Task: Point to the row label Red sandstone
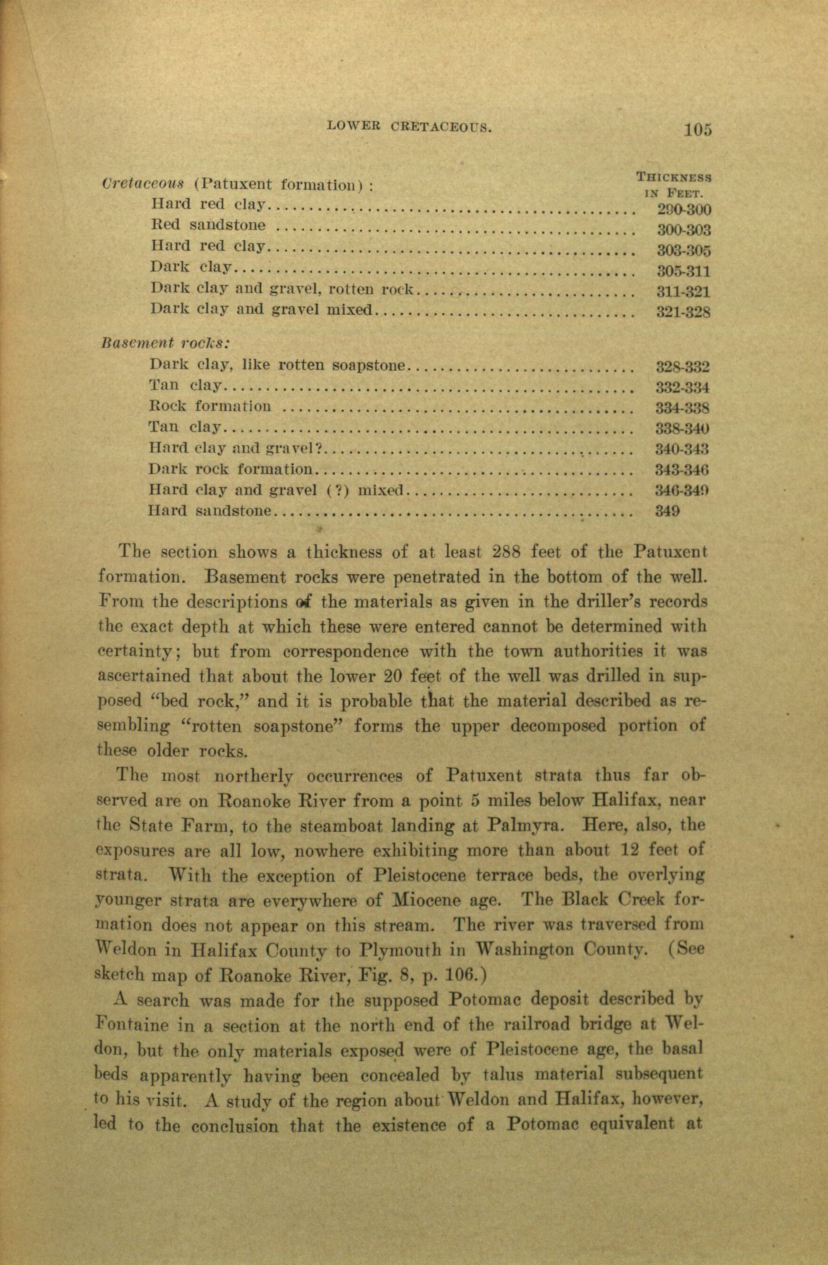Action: click(208, 225)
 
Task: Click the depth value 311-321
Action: click(684, 292)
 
